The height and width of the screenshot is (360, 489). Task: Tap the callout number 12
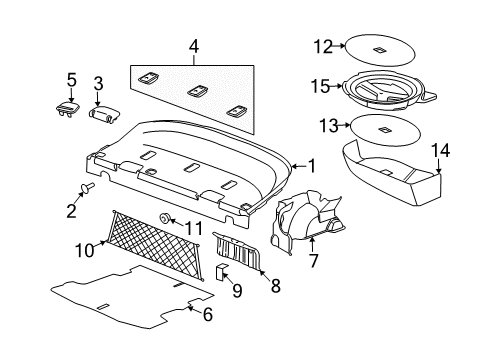click(x=321, y=45)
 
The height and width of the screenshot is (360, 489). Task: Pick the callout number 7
click(x=313, y=262)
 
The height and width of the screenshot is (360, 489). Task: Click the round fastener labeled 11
click(x=163, y=219)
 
